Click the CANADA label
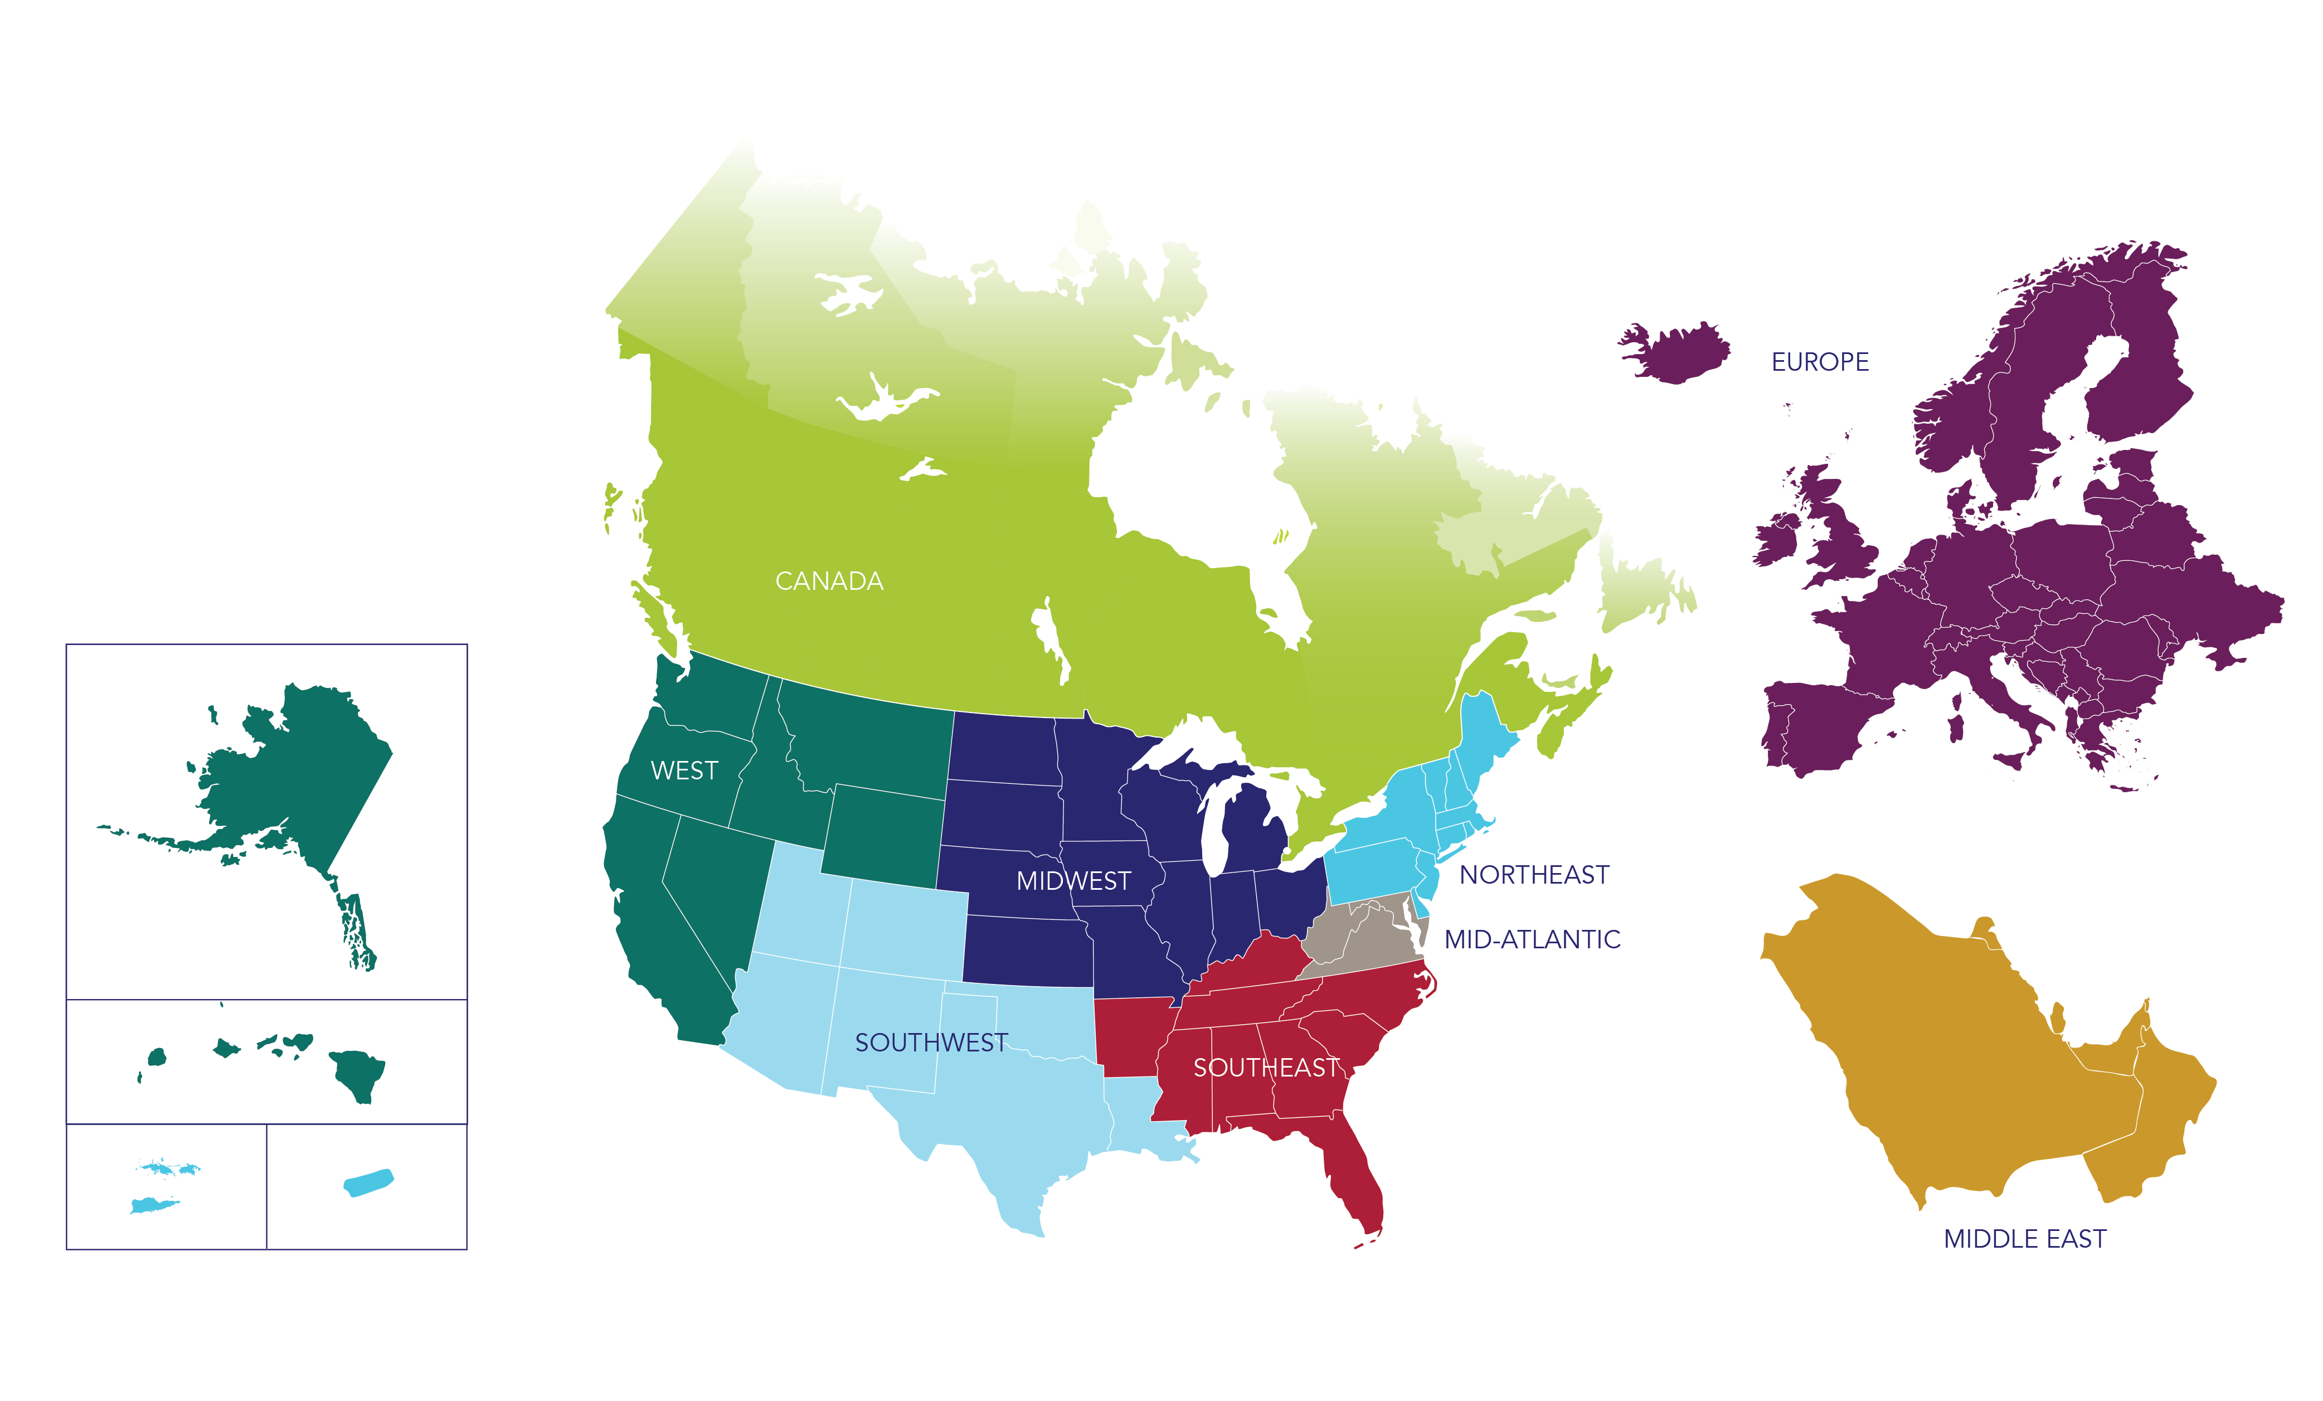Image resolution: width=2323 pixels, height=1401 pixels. [829, 581]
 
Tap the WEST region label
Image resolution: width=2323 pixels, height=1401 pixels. [684, 770]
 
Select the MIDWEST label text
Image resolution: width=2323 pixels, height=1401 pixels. [1073, 881]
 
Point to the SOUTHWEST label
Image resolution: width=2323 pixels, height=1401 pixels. [931, 1042]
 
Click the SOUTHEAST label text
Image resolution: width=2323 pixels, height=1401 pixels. [1266, 1067]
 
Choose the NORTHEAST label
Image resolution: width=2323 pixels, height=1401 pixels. [1534, 875]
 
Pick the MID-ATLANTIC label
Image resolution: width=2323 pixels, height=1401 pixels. [1532, 939]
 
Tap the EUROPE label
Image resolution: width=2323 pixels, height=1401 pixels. [1820, 362]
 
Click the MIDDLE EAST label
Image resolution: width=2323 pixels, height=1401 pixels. [2024, 1239]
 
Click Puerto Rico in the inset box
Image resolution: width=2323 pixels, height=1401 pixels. [368, 1183]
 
